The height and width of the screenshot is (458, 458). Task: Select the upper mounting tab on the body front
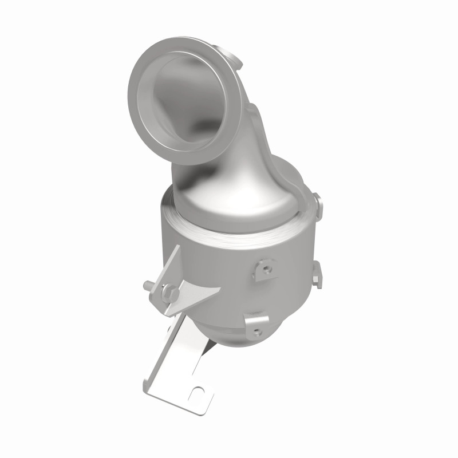pos(265,266)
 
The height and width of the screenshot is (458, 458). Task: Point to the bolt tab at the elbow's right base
pos(317,202)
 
